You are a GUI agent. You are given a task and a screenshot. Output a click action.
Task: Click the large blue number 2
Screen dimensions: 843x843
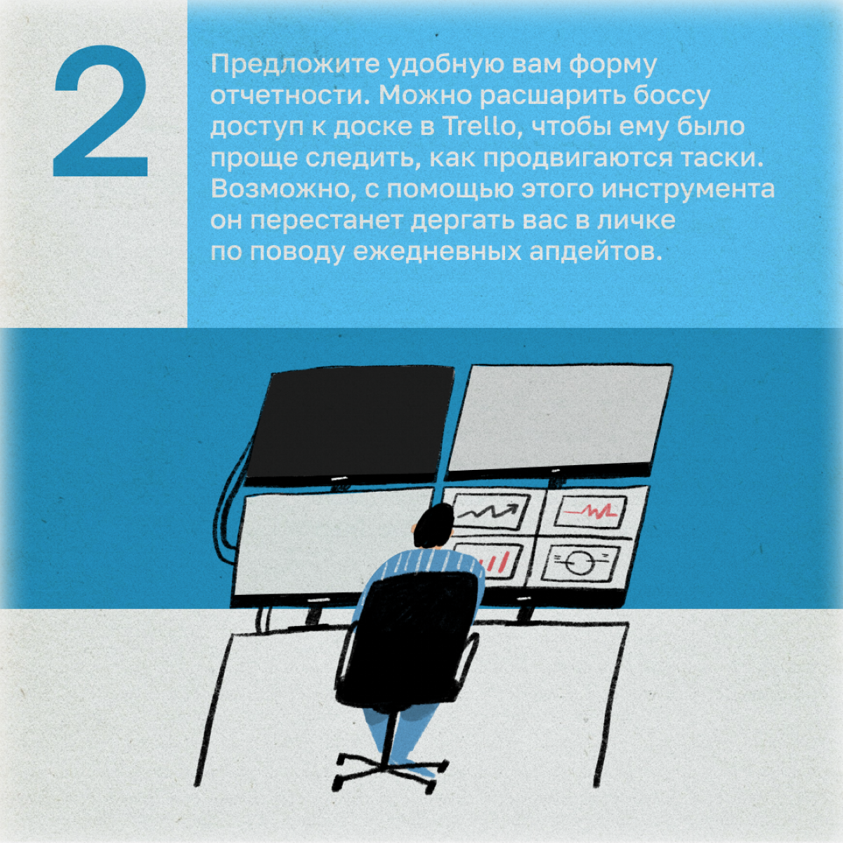point(100,112)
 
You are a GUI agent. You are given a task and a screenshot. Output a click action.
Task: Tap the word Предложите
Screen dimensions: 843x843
point(295,65)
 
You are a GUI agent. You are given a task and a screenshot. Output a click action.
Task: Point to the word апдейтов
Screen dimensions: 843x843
point(593,252)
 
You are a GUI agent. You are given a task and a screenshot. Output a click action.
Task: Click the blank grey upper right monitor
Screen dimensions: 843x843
point(561,420)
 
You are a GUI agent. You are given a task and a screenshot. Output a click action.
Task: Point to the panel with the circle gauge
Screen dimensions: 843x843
point(581,564)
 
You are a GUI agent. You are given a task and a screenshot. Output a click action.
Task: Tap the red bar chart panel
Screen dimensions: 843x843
point(500,561)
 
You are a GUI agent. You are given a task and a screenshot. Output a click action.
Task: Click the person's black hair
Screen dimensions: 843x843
point(433,526)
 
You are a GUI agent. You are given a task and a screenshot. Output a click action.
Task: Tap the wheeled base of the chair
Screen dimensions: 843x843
point(389,774)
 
